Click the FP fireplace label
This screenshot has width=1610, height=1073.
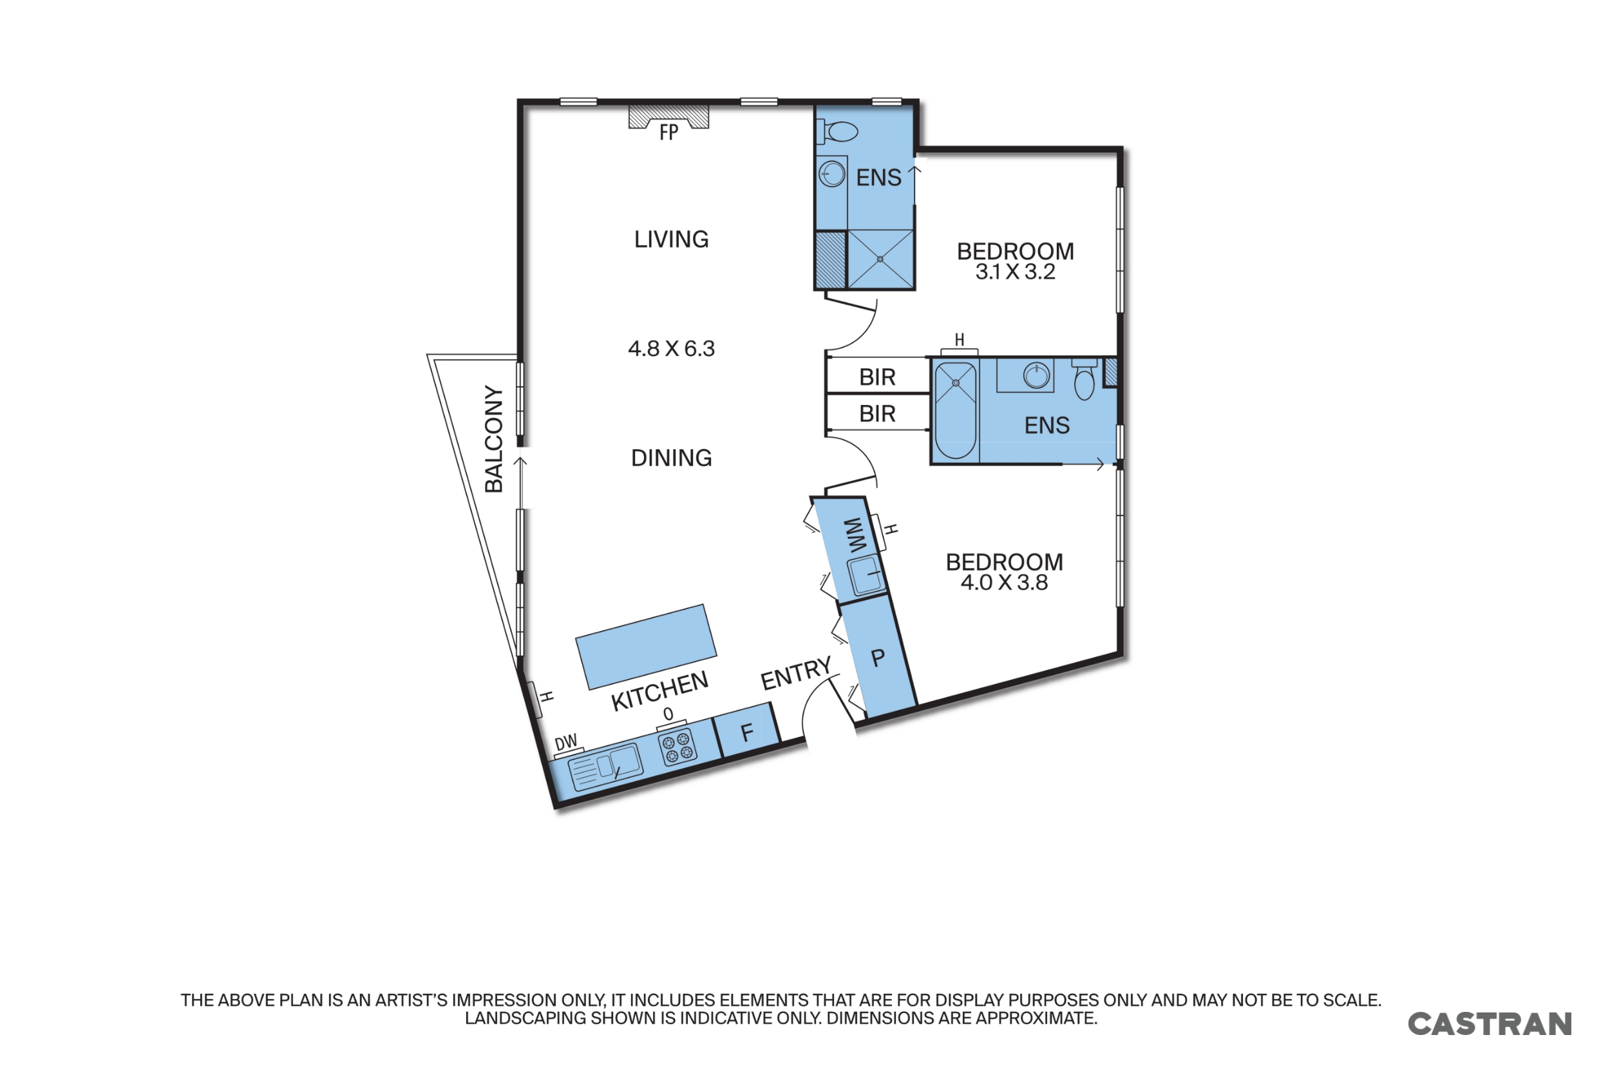click(668, 132)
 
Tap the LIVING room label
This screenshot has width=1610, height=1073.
click(671, 239)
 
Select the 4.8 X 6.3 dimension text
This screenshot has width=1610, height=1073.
click(671, 349)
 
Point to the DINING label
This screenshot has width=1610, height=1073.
click(671, 458)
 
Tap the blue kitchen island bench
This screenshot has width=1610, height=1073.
click(645, 647)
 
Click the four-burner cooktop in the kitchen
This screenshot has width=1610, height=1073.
click(677, 746)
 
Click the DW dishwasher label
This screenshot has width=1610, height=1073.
click(565, 743)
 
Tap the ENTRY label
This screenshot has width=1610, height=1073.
click(795, 674)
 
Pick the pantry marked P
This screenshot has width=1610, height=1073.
click(878, 658)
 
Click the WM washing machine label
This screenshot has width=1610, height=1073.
click(855, 535)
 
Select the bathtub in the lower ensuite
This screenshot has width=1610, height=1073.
click(955, 411)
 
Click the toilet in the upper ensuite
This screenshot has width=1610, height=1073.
click(840, 131)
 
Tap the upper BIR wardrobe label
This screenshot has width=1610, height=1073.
click(877, 377)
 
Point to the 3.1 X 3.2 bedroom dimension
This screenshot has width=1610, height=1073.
click(1014, 272)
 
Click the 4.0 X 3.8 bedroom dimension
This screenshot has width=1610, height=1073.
click(1003, 583)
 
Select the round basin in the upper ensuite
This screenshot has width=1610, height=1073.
click(831, 174)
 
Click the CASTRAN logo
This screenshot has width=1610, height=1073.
click(1489, 1025)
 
